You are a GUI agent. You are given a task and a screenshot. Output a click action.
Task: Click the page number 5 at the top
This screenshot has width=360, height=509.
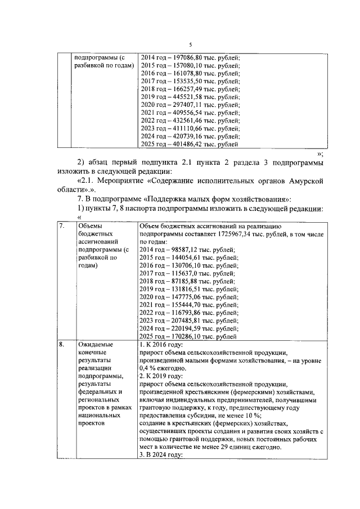pyautogui.click(x=190, y=44)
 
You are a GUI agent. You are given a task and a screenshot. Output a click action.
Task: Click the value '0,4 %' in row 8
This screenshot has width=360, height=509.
pyautogui.click(x=148, y=367)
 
